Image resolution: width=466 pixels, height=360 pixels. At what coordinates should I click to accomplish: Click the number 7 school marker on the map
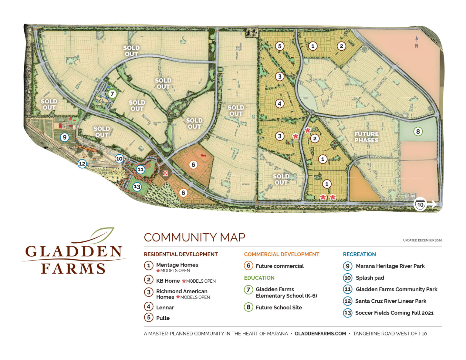[112, 94]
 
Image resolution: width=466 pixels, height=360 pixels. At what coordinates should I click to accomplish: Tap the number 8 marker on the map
[418, 131]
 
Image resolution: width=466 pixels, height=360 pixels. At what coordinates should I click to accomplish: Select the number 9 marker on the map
[64, 137]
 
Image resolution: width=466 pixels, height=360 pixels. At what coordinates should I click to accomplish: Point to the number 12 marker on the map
[82, 164]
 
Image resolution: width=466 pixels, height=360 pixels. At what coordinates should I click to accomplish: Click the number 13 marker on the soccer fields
[137, 187]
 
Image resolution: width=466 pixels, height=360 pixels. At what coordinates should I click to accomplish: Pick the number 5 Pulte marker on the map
[279, 46]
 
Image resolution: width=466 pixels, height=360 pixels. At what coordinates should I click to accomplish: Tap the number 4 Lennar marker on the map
[279, 104]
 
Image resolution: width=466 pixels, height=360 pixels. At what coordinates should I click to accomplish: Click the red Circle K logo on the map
[165, 173]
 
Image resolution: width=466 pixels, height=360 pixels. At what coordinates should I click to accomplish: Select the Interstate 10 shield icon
[420, 204]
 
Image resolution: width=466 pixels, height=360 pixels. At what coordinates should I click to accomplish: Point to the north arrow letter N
[417, 46]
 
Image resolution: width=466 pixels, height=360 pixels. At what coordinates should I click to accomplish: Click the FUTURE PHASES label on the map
[366, 137]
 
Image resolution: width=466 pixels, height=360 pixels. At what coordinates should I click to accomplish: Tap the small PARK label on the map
[305, 98]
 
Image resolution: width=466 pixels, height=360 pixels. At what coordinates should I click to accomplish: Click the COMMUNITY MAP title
[194, 237]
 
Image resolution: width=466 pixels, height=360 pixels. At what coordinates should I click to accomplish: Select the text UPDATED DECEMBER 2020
[422, 240]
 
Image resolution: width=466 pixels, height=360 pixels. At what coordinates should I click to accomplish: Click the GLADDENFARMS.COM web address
[320, 334]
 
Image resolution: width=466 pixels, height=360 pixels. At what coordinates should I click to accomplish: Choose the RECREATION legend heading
[359, 254]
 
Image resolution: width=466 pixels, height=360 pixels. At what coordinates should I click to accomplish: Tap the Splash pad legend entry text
[370, 278]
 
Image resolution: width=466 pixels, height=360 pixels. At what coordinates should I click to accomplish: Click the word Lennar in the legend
[165, 308]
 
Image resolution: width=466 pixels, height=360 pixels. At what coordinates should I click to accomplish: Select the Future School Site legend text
[279, 308]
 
